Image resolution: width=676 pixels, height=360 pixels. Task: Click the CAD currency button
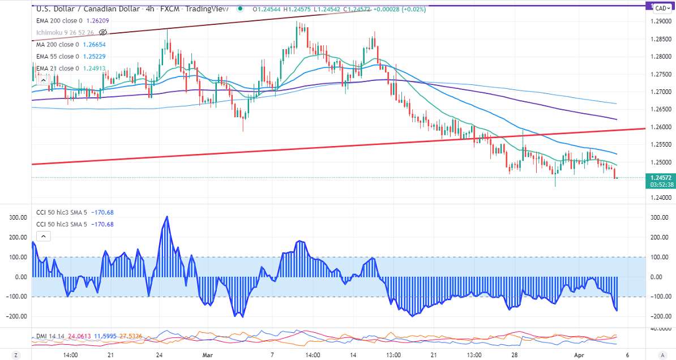(x=660, y=8)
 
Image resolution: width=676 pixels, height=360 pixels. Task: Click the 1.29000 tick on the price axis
(x=661, y=22)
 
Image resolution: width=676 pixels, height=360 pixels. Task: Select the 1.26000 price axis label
(x=661, y=127)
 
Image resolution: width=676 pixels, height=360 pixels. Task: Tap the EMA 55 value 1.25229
(x=93, y=56)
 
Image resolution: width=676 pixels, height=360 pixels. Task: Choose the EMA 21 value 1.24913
(x=93, y=68)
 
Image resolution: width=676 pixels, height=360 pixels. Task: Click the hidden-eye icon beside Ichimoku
(x=102, y=32)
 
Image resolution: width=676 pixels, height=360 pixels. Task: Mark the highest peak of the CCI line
(x=166, y=216)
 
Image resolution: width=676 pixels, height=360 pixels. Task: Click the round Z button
(x=16, y=355)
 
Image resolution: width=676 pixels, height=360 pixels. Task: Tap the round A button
(x=660, y=355)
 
